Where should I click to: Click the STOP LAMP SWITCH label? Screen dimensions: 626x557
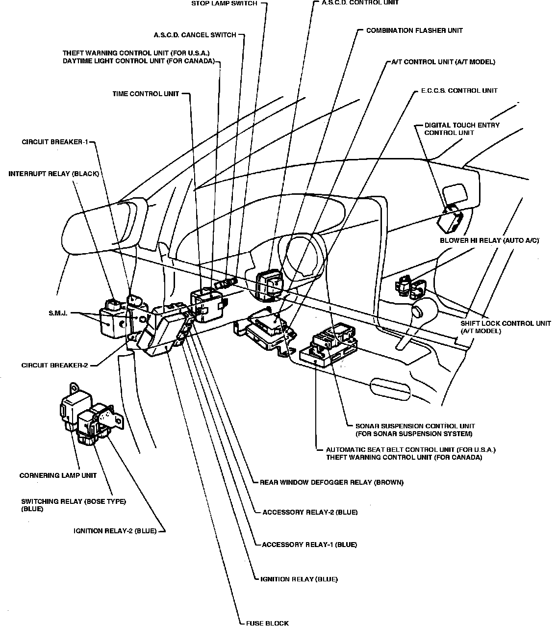(x=224, y=4)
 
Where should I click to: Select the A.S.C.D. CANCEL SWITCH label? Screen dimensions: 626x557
(x=195, y=35)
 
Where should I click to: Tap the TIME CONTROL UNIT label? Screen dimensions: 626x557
(x=146, y=94)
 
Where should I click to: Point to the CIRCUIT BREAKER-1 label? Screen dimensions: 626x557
(x=54, y=142)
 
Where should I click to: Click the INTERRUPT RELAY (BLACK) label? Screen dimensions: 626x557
(x=54, y=174)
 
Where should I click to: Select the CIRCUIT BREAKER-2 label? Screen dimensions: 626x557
(x=54, y=365)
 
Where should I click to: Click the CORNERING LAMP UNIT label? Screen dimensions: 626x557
(x=58, y=475)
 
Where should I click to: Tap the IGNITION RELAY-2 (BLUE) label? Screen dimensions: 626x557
(x=115, y=531)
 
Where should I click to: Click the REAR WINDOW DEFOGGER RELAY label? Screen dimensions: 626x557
(x=331, y=482)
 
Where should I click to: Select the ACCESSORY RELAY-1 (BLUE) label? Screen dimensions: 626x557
(x=309, y=545)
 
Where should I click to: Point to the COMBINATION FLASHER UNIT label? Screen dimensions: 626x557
(x=414, y=30)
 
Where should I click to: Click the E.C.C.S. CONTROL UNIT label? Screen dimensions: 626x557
(x=459, y=91)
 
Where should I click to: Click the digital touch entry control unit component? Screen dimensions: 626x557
(x=449, y=220)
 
